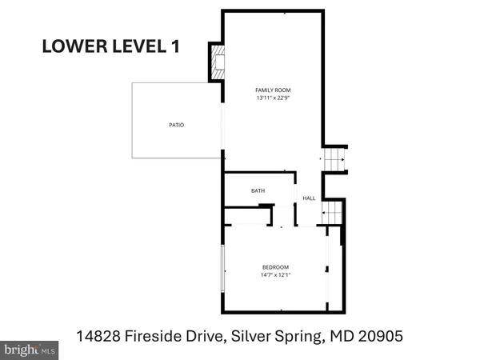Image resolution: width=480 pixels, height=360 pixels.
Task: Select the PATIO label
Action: [x=176, y=125]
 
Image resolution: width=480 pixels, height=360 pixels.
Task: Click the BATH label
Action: [x=258, y=190]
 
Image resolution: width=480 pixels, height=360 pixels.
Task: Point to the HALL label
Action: [x=309, y=198]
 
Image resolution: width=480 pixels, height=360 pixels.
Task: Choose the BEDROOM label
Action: [x=275, y=266]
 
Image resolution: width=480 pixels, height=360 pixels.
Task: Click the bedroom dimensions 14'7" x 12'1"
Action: [x=275, y=275]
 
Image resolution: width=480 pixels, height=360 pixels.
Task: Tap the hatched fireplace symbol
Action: [x=216, y=62]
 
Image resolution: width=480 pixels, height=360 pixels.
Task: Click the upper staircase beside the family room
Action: [x=334, y=160]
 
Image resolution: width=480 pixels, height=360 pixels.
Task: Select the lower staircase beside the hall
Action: [x=332, y=213]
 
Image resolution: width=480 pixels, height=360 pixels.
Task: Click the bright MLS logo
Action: [x=30, y=349]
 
